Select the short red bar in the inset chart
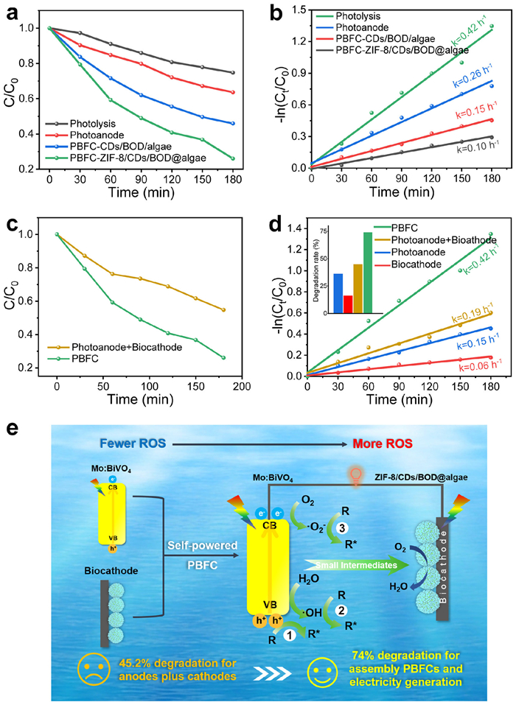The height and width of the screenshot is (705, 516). click(348, 304)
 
